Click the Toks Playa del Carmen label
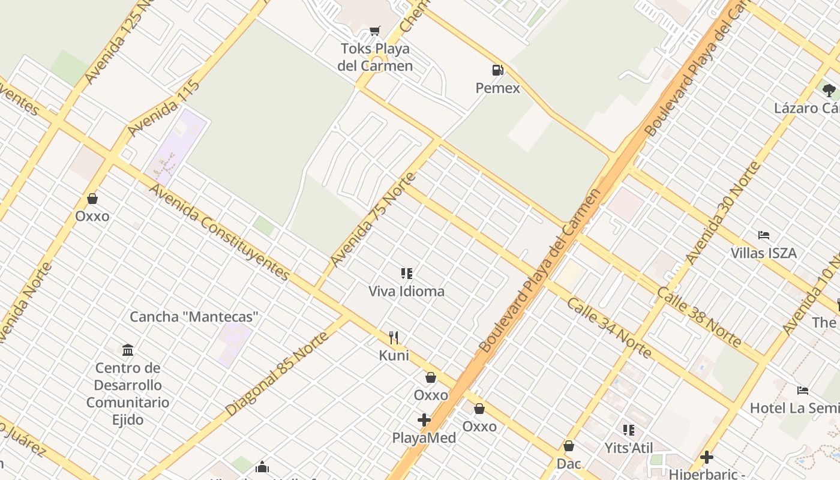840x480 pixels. click(375, 57)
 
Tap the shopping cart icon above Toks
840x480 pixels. click(375, 30)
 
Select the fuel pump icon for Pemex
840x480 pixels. click(497, 70)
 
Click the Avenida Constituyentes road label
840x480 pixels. click(220, 232)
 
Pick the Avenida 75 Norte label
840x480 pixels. click(373, 220)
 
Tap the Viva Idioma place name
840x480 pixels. click(407, 292)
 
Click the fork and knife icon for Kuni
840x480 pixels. click(394, 338)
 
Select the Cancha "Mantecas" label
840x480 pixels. click(194, 317)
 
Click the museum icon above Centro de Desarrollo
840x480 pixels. click(128, 350)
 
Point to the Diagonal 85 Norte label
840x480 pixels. click(277, 373)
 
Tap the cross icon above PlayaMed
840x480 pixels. click(424, 420)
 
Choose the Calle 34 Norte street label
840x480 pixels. click(608, 328)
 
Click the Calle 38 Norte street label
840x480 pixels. click(698, 317)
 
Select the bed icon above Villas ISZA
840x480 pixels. click(764, 235)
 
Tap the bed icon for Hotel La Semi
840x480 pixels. click(803, 391)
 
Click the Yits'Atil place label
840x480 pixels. click(629, 448)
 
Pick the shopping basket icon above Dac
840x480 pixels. click(569, 446)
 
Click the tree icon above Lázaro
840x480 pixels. click(829, 91)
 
